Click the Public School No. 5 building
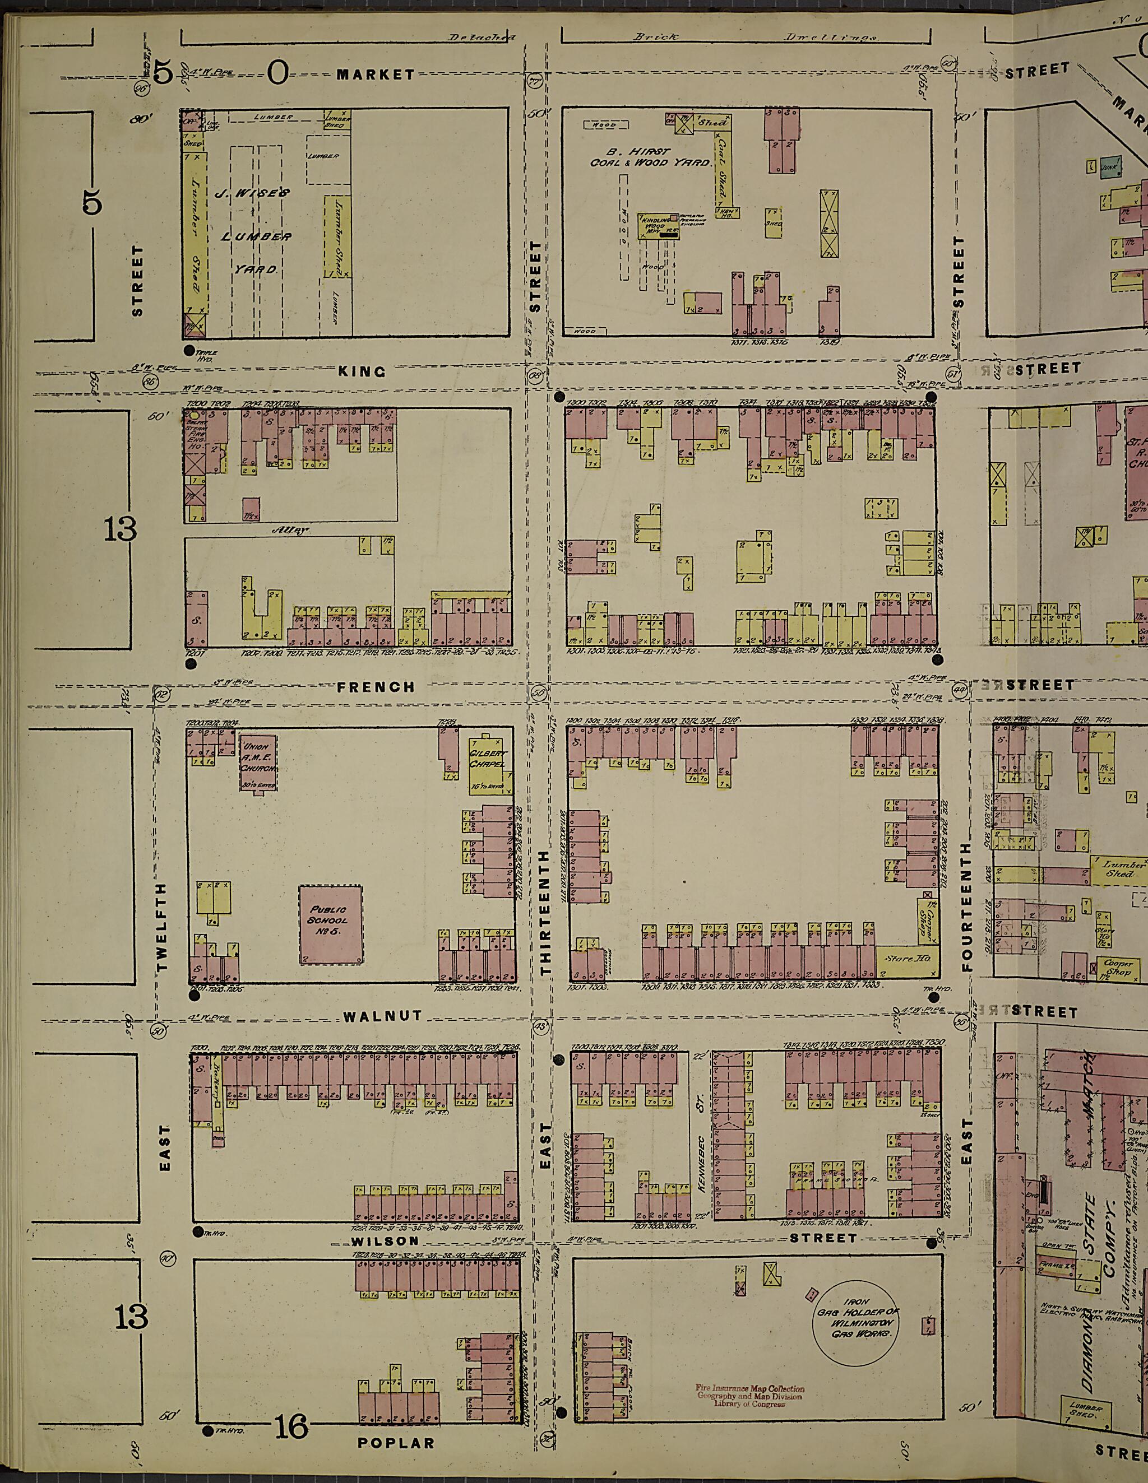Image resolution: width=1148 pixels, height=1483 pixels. click(330, 923)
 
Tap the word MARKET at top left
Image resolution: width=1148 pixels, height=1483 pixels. click(376, 75)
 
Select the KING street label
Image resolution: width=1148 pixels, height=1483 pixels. click(362, 371)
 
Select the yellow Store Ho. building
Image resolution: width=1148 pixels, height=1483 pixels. click(907, 960)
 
